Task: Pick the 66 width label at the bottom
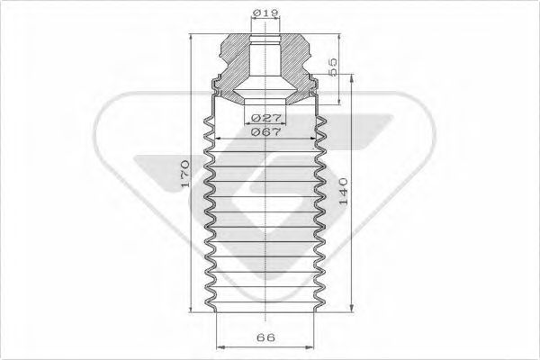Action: tap(264, 337)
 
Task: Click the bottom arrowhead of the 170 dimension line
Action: tap(193, 310)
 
